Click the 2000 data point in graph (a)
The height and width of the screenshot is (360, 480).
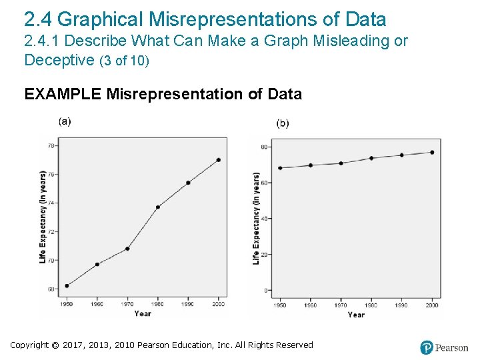point(218,160)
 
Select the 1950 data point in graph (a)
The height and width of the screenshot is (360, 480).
point(67,285)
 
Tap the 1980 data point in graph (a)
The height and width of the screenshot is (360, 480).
point(158,207)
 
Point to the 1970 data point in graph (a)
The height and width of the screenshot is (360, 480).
point(127,249)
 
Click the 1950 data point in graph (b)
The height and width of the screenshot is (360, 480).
point(280,168)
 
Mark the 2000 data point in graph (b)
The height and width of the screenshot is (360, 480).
point(432,152)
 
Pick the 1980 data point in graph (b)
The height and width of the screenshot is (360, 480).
point(371,158)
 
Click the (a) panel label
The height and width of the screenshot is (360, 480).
point(65,121)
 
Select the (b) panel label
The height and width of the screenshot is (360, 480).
point(283,123)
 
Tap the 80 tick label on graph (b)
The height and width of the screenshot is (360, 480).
point(264,147)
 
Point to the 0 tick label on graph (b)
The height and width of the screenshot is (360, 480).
point(266,291)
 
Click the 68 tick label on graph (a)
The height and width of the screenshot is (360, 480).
point(51,289)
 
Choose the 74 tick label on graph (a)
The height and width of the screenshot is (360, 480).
point(51,203)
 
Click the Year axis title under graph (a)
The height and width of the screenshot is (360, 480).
point(143,313)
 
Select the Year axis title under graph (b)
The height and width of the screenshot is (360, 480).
point(356,315)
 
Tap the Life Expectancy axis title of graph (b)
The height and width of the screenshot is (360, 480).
point(257,218)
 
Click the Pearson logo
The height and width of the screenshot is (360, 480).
point(444,347)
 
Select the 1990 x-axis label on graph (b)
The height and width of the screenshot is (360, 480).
point(401,305)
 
